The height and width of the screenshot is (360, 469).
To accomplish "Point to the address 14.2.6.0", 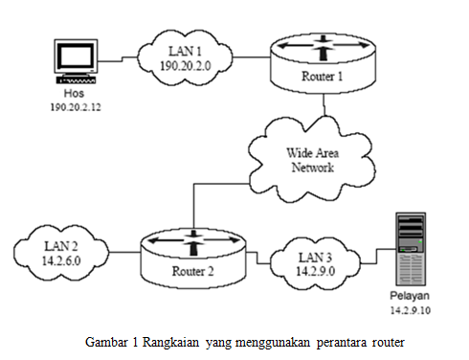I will tap(60, 260).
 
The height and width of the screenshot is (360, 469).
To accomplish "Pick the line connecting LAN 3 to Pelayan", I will tap(372, 253).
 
